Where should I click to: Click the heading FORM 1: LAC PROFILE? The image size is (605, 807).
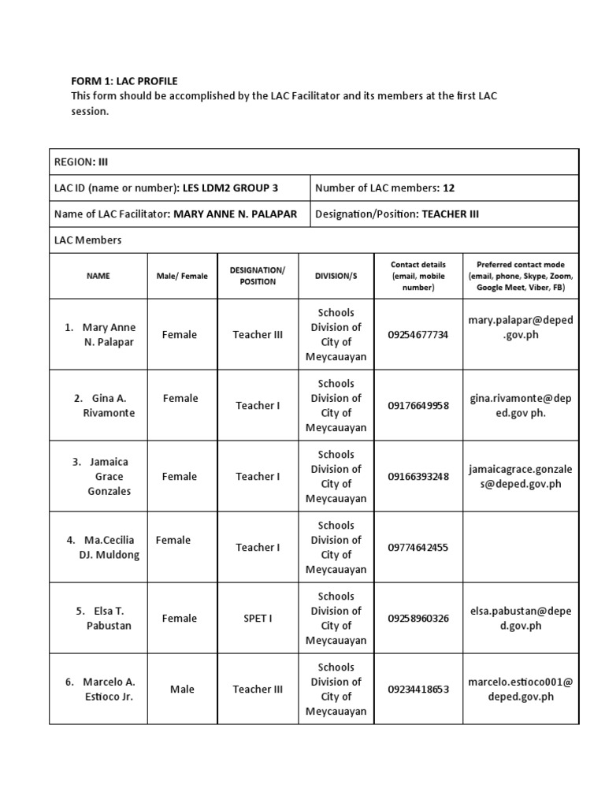pyautogui.click(x=124, y=81)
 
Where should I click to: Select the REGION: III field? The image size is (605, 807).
pyautogui.click(x=81, y=162)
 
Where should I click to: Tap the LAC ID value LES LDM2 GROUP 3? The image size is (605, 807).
pyautogui.click(x=230, y=188)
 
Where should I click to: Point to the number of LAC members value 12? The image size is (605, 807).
pyautogui.click(x=448, y=188)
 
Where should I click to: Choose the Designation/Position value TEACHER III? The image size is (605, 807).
pyautogui.click(x=450, y=214)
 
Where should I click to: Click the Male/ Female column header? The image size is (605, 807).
pyautogui.click(x=182, y=276)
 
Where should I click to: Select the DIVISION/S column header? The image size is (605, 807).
pyautogui.click(x=336, y=276)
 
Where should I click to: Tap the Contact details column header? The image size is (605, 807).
pyautogui.click(x=418, y=276)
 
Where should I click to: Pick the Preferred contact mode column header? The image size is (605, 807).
pyautogui.click(x=520, y=276)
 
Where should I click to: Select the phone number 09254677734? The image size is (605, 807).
pyautogui.click(x=418, y=335)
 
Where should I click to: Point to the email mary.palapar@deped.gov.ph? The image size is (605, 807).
pyautogui.click(x=520, y=327)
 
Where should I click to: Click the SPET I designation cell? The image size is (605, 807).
pyautogui.click(x=258, y=619)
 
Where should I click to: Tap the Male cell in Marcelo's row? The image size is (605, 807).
pyautogui.click(x=182, y=690)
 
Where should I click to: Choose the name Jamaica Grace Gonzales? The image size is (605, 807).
pyautogui.click(x=109, y=476)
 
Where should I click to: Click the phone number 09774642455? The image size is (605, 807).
pyautogui.click(x=418, y=548)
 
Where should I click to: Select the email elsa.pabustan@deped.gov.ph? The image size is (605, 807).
pyautogui.click(x=520, y=618)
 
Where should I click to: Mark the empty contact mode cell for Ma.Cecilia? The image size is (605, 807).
pyautogui.click(x=520, y=548)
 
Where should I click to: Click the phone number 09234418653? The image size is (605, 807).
pyautogui.click(x=418, y=690)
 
